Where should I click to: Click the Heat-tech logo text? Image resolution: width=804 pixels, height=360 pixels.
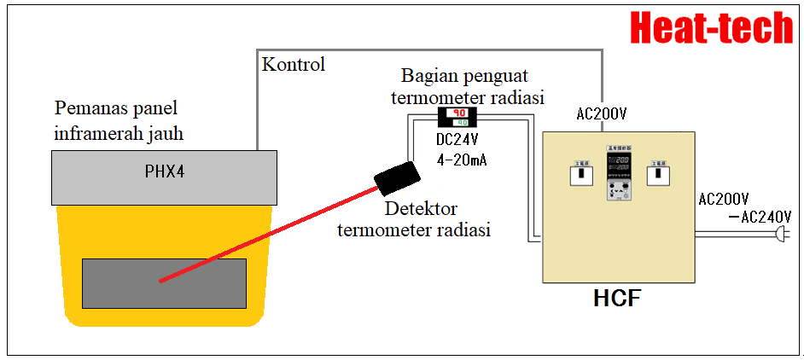[x=712, y=27]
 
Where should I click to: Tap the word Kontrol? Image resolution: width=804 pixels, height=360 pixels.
[x=293, y=65]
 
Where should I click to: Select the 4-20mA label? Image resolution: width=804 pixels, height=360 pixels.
[x=461, y=160]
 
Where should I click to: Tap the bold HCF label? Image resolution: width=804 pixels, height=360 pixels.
[x=616, y=299]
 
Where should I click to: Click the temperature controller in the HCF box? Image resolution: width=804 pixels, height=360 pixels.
[x=617, y=174]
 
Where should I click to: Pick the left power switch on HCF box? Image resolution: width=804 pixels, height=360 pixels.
[x=580, y=174]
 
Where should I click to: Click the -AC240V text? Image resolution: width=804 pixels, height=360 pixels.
[x=761, y=217]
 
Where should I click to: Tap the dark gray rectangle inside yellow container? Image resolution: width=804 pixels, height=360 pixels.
[x=164, y=282]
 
